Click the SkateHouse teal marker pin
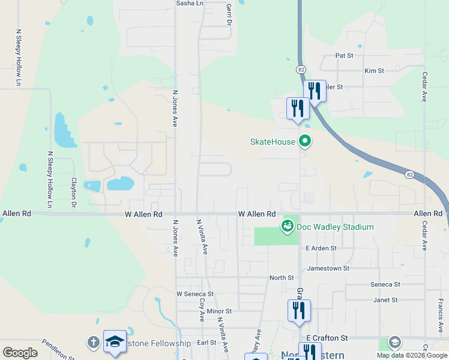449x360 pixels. tap(305, 142)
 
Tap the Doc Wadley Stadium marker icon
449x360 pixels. tap(288, 226)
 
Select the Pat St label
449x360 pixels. tap(344, 55)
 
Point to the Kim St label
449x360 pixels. tap(374, 71)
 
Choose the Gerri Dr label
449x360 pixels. tap(229, 14)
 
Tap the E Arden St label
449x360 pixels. tap(321, 248)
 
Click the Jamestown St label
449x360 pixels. tap(328, 268)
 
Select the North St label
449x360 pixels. tap(282, 278)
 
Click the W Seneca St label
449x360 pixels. tap(195, 294)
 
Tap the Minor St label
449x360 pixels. tap(219, 311)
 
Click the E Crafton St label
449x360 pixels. tap(327, 339)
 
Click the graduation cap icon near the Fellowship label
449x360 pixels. tap(115, 341)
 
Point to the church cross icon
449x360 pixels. tap(93, 342)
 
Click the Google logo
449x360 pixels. tap(20, 353)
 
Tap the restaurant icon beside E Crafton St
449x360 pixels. tap(298, 311)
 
